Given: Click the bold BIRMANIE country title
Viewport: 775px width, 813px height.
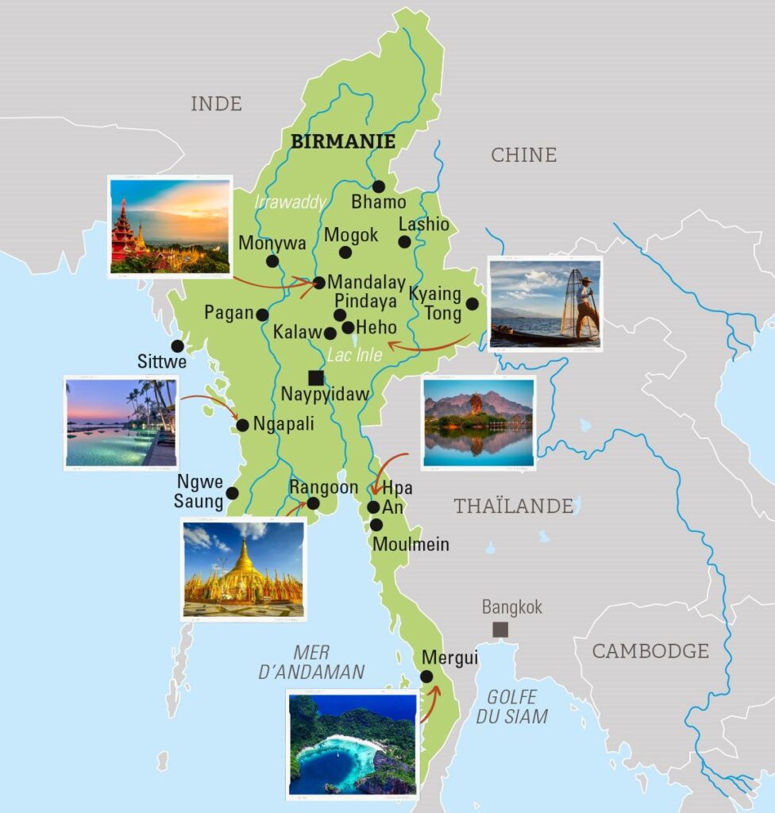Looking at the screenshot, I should (x=343, y=141).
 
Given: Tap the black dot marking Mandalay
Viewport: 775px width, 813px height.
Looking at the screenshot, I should (x=319, y=282).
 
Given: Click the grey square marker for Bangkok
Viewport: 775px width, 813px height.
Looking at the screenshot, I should (x=499, y=630).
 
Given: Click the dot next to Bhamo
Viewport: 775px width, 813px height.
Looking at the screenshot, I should (x=379, y=187).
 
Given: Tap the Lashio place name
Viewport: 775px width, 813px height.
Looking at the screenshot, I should (x=423, y=224).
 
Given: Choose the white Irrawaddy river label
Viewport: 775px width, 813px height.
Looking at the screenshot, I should (x=290, y=202).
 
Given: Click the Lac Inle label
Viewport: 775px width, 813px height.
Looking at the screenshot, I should (x=354, y=355).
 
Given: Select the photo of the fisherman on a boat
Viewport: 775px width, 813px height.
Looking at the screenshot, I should (x=545, y=303).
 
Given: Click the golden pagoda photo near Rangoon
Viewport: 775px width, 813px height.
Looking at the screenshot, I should (x=243, y=568).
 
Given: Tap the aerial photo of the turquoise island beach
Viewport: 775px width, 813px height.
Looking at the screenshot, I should (x=353, y=742).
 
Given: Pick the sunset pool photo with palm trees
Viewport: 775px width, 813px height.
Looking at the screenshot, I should (x=121, y=422).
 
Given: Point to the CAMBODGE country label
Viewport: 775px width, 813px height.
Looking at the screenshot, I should (x=650, y=651).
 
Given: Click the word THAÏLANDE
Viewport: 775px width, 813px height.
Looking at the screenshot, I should (x=513, y=506).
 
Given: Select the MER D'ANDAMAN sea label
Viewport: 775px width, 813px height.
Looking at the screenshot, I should (x=311, y=662).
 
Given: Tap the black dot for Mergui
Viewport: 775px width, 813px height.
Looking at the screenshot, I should (x=426, y=676).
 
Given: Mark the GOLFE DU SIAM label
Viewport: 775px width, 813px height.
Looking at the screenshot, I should (x=512, y=707).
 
